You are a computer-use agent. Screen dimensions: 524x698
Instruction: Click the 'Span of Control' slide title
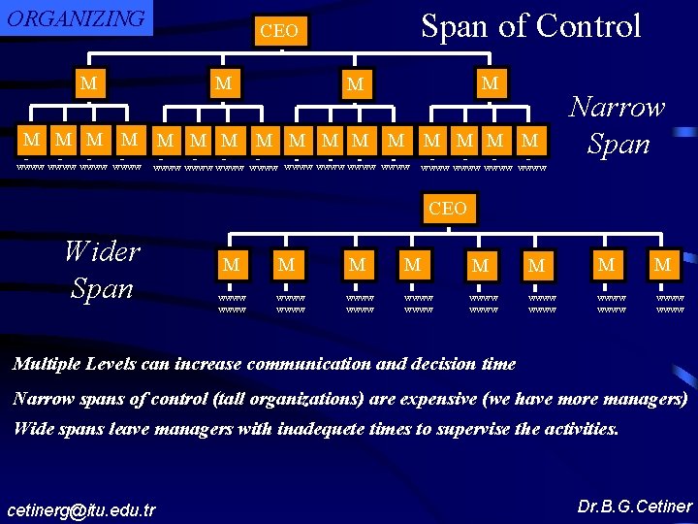530,26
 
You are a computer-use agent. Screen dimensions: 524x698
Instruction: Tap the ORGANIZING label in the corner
76,18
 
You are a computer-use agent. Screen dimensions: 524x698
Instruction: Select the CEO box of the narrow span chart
279,31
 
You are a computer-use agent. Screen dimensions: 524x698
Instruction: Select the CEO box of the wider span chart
447,209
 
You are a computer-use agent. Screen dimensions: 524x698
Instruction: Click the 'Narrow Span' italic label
617,125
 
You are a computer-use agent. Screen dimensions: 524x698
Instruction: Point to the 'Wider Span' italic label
101,269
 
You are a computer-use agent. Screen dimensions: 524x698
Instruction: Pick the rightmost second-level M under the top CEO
490,83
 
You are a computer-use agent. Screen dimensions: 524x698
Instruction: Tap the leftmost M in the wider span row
231,264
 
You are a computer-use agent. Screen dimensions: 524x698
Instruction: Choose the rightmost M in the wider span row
663,263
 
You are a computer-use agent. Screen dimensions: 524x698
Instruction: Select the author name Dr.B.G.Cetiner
634,507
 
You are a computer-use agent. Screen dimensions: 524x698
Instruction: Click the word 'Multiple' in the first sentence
47,365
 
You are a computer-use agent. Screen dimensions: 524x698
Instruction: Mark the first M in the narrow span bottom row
32,141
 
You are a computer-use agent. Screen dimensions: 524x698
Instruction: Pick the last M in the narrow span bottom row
529,141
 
